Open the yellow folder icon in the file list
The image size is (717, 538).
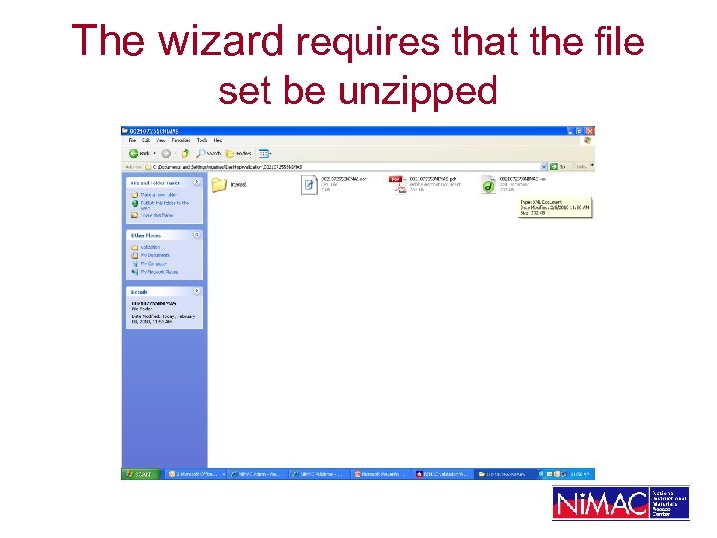pos(219,184)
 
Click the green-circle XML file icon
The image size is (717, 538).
pos(488,184)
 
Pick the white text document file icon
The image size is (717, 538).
pos(309,184)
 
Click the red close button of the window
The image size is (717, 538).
pos(589,131)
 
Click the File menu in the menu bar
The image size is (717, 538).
pos(131,140)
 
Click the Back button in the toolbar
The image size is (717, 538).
pos(139,153)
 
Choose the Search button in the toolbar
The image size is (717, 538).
pos(209,153)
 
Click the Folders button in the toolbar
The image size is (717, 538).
pos(238,153)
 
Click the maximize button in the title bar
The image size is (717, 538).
pos(580,131)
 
